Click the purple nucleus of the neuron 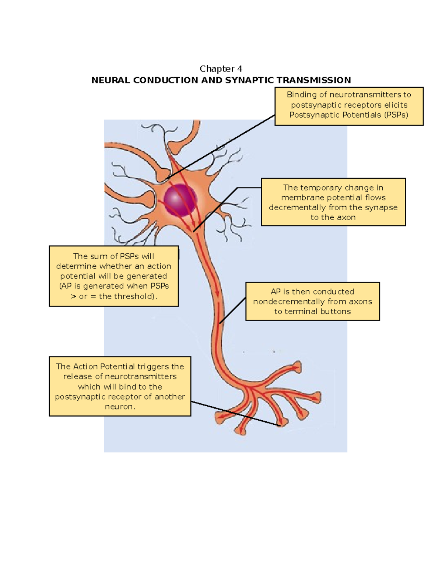pos(180,200)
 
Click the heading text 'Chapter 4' pos(221,69)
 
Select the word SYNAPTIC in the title pos(249,80)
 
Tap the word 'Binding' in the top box pos(302,95)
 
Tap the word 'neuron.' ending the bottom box pos(120,407)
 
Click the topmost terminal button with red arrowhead pos(297,368)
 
